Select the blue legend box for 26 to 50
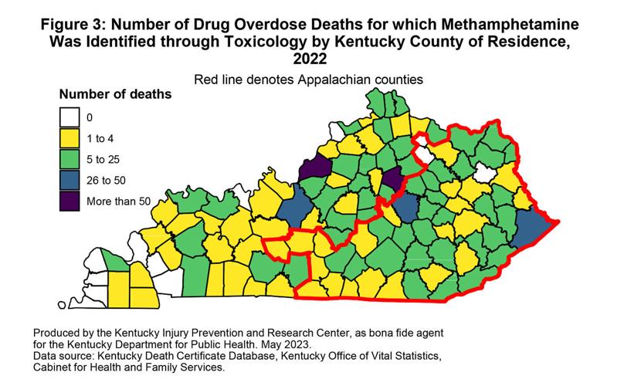[x=71, y=180]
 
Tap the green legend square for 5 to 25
[x=71, y=160]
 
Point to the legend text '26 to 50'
[x=107, y=180]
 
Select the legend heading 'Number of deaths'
[x=115, y=95]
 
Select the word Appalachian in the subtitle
[x=343, y=79]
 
